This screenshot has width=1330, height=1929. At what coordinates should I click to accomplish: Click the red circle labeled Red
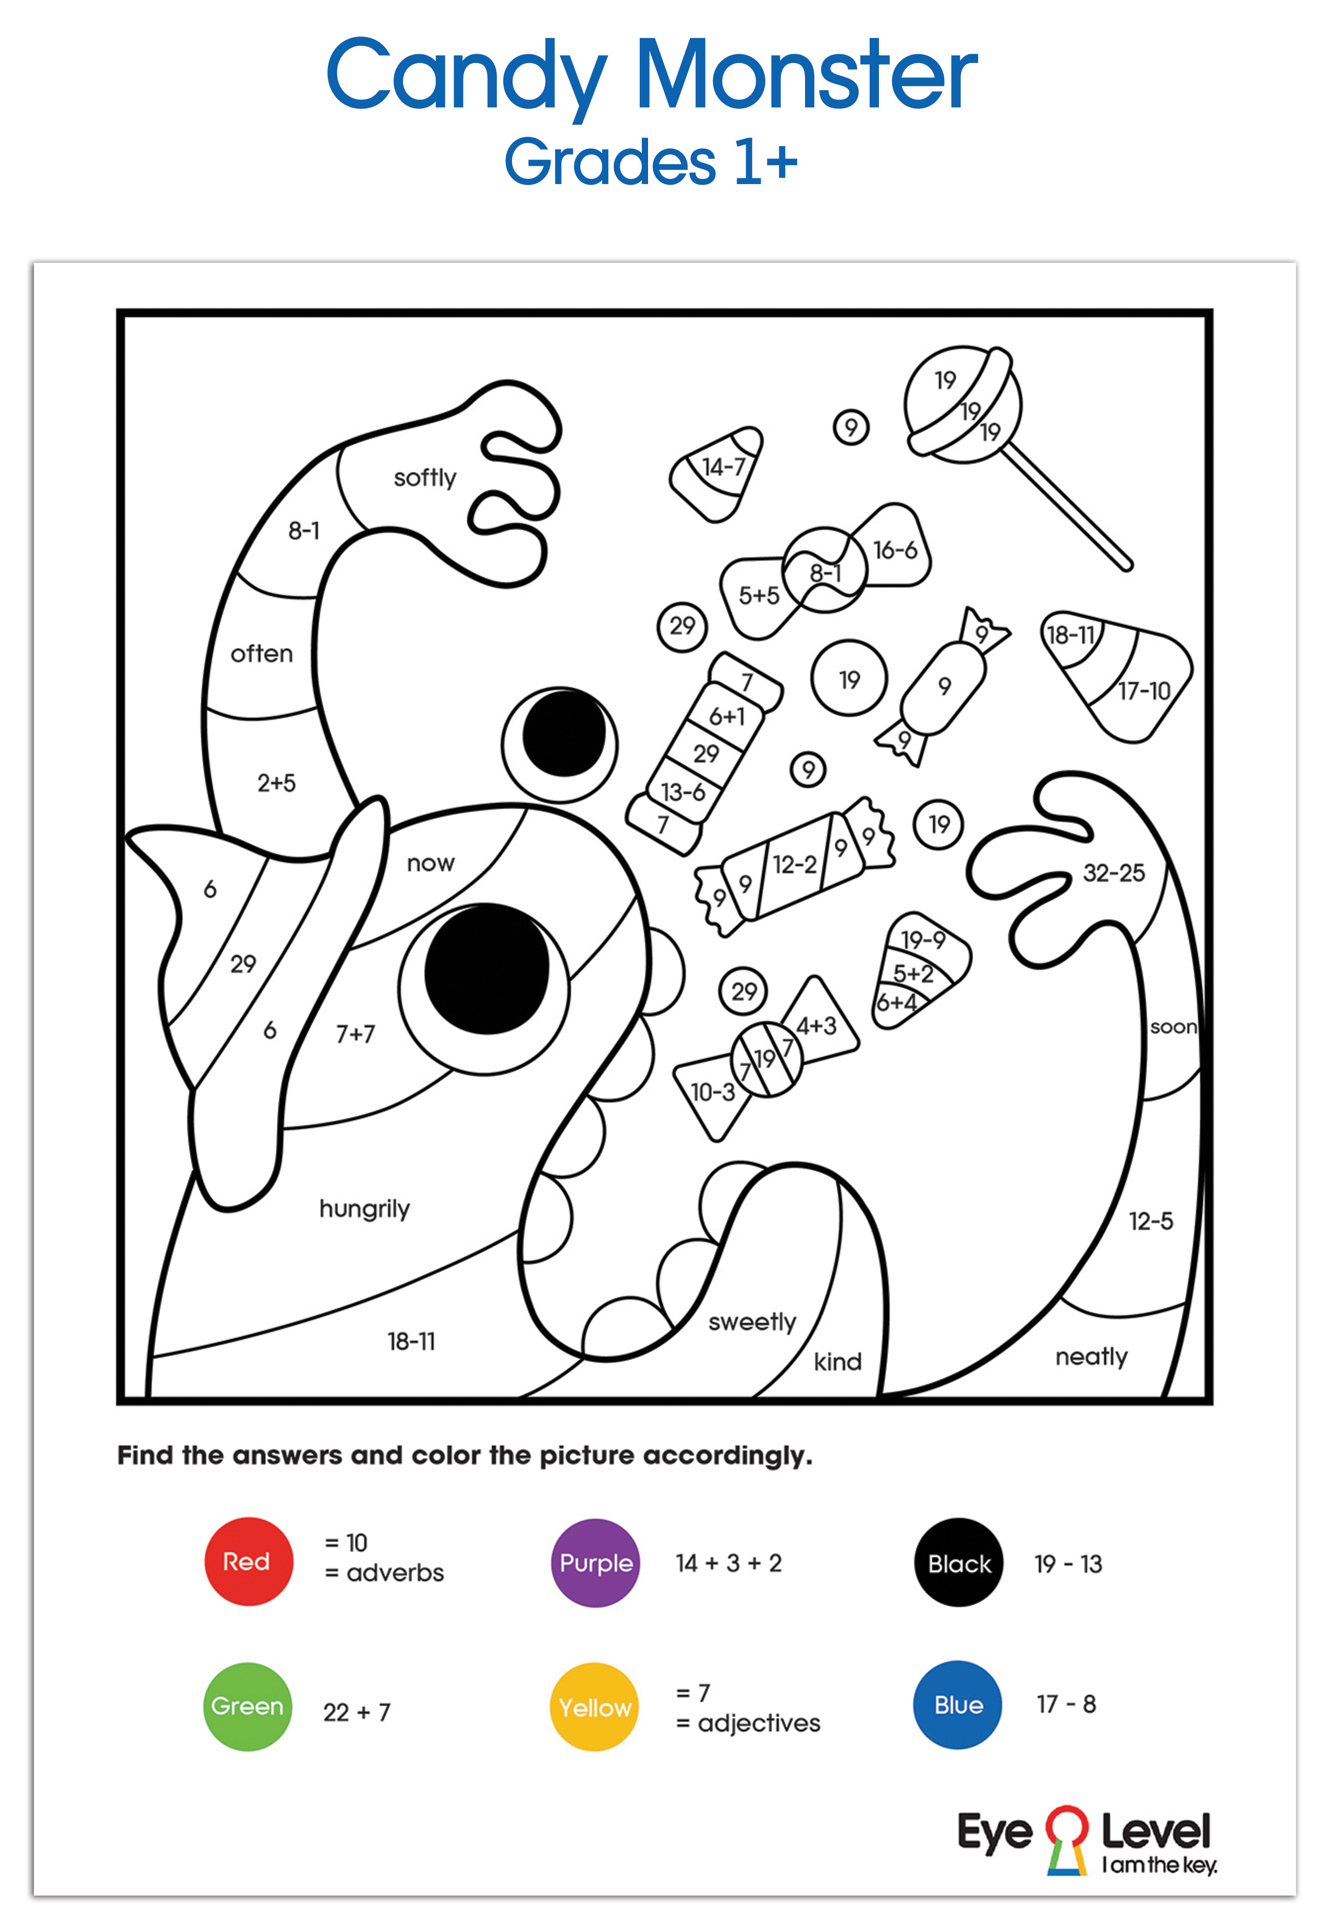click(248, 1561)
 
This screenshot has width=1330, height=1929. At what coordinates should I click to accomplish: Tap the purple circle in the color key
click(595, 1562)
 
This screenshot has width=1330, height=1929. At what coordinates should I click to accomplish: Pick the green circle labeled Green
click(248, 1706)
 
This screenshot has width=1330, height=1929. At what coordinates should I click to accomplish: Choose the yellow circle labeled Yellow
click(594, 1706)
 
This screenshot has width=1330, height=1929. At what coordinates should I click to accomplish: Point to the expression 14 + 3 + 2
click(728, 1562)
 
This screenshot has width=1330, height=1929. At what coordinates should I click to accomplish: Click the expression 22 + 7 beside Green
click(357, 1712)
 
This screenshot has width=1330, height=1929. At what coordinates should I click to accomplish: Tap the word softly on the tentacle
click(425, 478)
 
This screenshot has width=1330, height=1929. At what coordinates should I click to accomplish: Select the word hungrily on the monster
click(364, 1209)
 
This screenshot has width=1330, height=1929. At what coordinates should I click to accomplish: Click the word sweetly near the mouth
click(752, 1322)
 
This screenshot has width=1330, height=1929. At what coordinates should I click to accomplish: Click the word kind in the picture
click(837, 1362)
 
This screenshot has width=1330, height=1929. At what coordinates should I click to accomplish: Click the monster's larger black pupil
click(486, 969)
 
